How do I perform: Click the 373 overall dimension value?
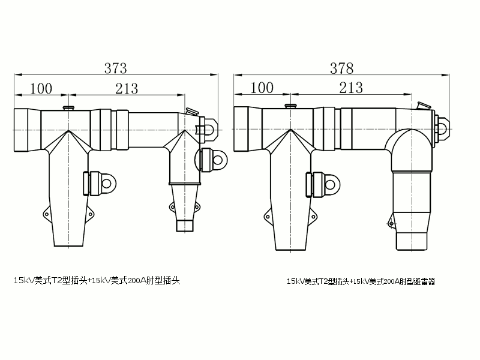116,68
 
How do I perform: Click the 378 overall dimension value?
341,68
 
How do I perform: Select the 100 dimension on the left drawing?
41,88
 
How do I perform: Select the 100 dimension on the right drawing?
262,88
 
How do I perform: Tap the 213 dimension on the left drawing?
127,88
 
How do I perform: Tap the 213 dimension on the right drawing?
351,88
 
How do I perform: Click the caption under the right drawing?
361,281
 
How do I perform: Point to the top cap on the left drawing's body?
67,108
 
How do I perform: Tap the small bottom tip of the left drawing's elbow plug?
184,226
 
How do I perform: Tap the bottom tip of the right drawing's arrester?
412,242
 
